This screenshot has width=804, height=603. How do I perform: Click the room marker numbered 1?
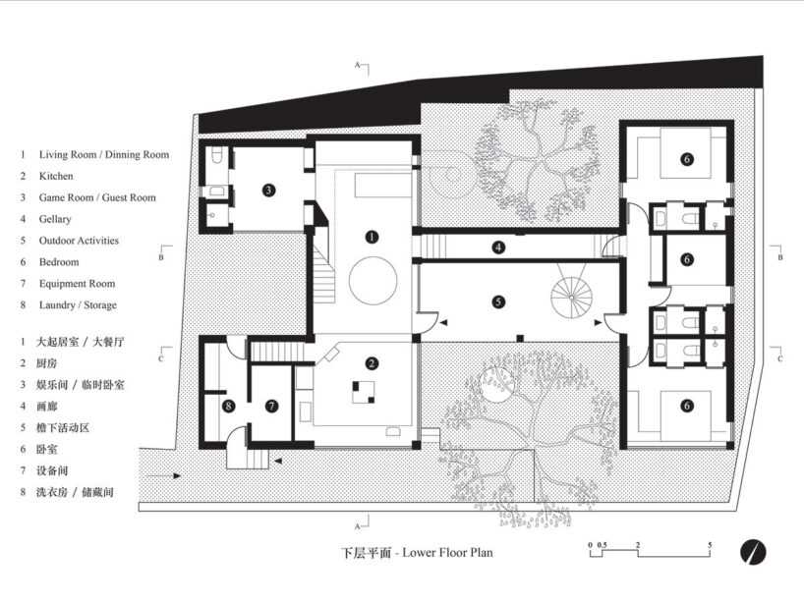[372, 237]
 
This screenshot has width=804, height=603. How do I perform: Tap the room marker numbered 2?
[372, 363]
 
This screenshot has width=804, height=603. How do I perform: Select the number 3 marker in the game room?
[268, 191]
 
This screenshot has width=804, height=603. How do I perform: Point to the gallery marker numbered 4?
[498, 247]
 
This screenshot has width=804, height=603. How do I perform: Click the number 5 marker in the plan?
[498, 301]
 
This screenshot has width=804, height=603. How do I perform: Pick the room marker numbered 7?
[271, 406]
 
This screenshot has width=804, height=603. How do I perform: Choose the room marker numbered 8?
[228, 406]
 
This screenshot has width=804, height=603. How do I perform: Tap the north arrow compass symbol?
[753, 552]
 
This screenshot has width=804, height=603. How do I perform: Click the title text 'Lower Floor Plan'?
[447, 552]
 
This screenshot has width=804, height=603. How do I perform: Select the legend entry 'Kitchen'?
[56, 176]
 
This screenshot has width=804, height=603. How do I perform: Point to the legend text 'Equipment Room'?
[77, 283]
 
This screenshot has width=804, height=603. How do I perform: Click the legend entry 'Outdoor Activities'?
[79, 241]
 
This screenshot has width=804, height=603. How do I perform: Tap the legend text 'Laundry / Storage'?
[78, 304]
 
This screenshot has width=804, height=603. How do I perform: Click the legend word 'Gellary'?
[55, 219]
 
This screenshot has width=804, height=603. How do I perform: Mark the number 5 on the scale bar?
[710, 545]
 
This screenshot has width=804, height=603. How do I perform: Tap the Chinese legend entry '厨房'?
[46, 363]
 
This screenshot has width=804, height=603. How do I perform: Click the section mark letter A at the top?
[358, 65]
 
